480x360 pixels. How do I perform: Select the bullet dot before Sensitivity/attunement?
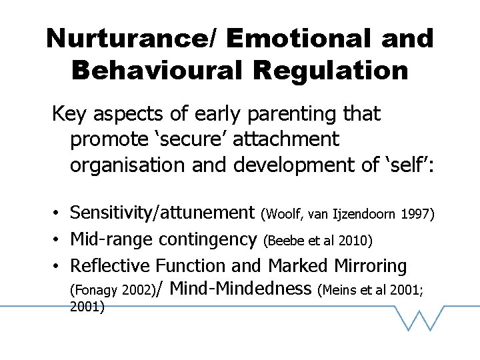(x=59, y=214)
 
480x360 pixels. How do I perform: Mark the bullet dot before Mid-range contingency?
(x=59, y=239)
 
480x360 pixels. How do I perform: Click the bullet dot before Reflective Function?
(x=59, y=266)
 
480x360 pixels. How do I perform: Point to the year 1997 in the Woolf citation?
(x=418, y=215)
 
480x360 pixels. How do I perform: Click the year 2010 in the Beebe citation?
(x=357, y=240)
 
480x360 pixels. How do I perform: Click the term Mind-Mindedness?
(x=241, y=289)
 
